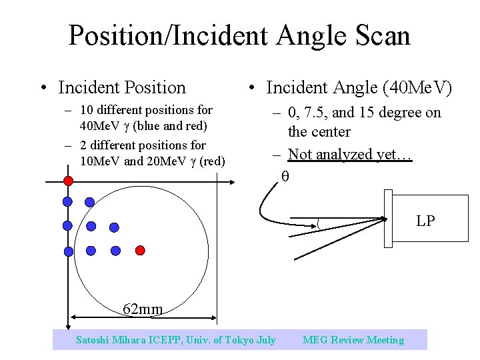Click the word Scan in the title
point(381,35)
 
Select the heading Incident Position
point(122,87)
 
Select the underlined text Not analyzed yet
point(350,154)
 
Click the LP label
point(425,221)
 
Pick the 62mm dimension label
point(143,309)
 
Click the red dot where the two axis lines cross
point(68,181)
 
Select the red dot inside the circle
point(140,251)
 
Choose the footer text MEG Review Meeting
point(353,340)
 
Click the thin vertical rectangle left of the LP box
point(389,218)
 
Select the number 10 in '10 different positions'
point(85,110)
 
